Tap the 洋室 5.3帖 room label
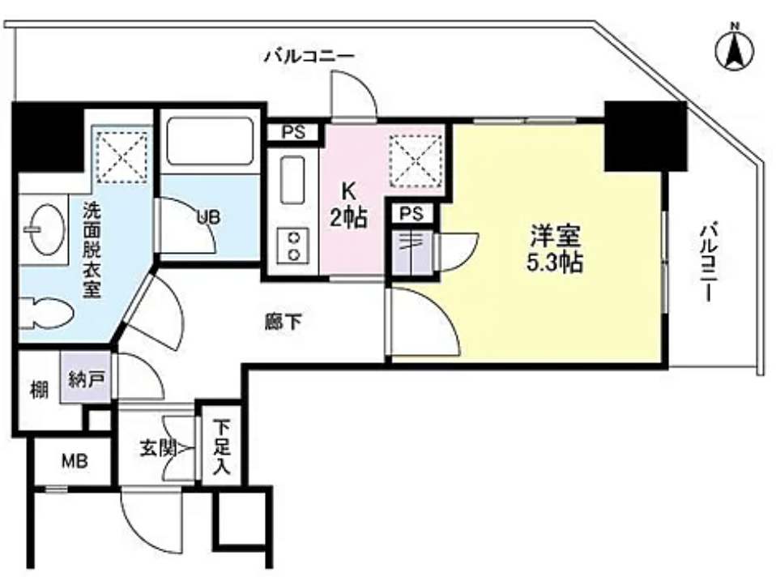[554, 249]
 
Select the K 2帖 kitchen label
[349, 204]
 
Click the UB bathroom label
[208, 217]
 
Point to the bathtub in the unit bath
[210, 141]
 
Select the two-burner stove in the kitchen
[292, 245]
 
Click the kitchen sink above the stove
[292, 180]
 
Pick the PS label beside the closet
[411, 213]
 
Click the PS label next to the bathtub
[293, 132]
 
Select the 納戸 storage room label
[86, 379]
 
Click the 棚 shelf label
[39, 390]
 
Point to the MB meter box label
[75, 461]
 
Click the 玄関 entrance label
[159, 449]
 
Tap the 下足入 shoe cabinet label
[222, 447]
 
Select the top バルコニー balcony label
[309, 55]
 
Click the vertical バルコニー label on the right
[708, 263]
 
